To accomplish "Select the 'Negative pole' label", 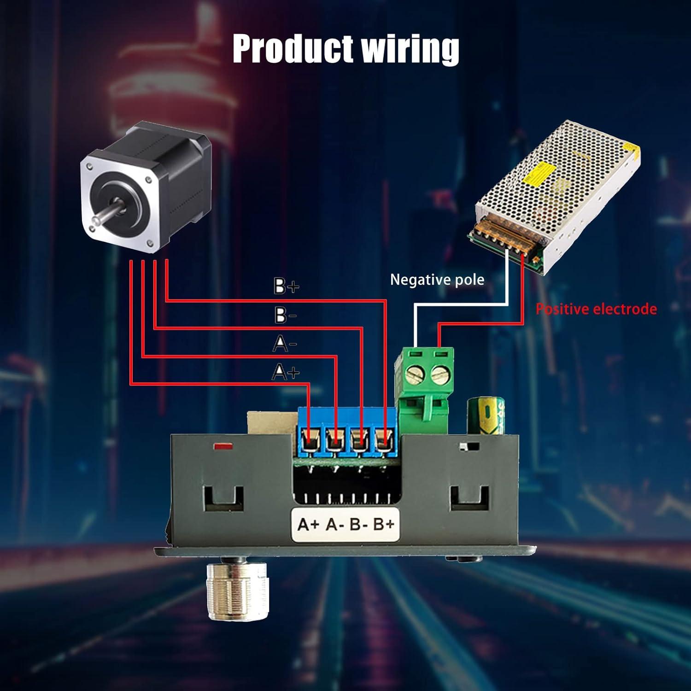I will click(437, 280).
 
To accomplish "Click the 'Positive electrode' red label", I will click(596, 309).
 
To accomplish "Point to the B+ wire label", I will click(286, 286).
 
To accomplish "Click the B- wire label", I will click(285, 316).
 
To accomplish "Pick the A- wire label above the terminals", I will click(285, 344).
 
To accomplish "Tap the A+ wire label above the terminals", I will click(286, 371).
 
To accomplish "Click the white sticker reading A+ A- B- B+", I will click(345, 524).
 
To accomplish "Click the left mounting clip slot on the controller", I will click(223, 499).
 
